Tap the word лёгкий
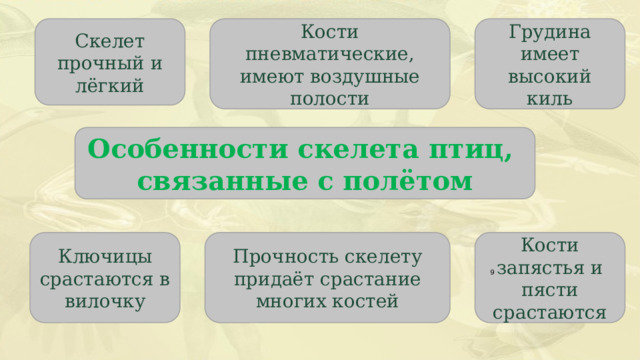(110, 87)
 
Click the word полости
(329, 98)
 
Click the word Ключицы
(105, 256)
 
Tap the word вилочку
(105, 300)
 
